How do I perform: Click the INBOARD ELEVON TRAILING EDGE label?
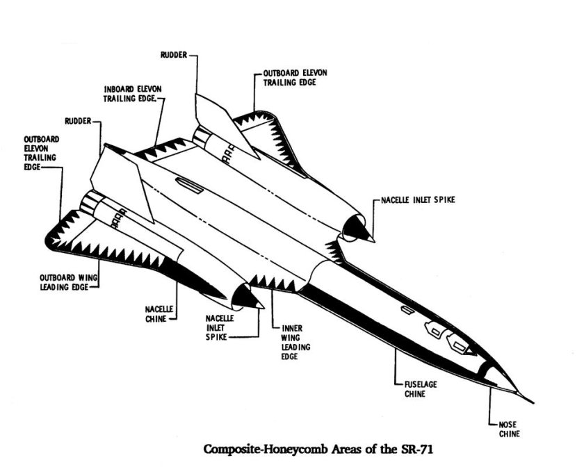pyautogui.click(x=133, y=95)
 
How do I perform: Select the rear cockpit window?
pyautogui.click(x=434, y=329)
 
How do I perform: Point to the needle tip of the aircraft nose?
pyautogui.click(x=533, y=402)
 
